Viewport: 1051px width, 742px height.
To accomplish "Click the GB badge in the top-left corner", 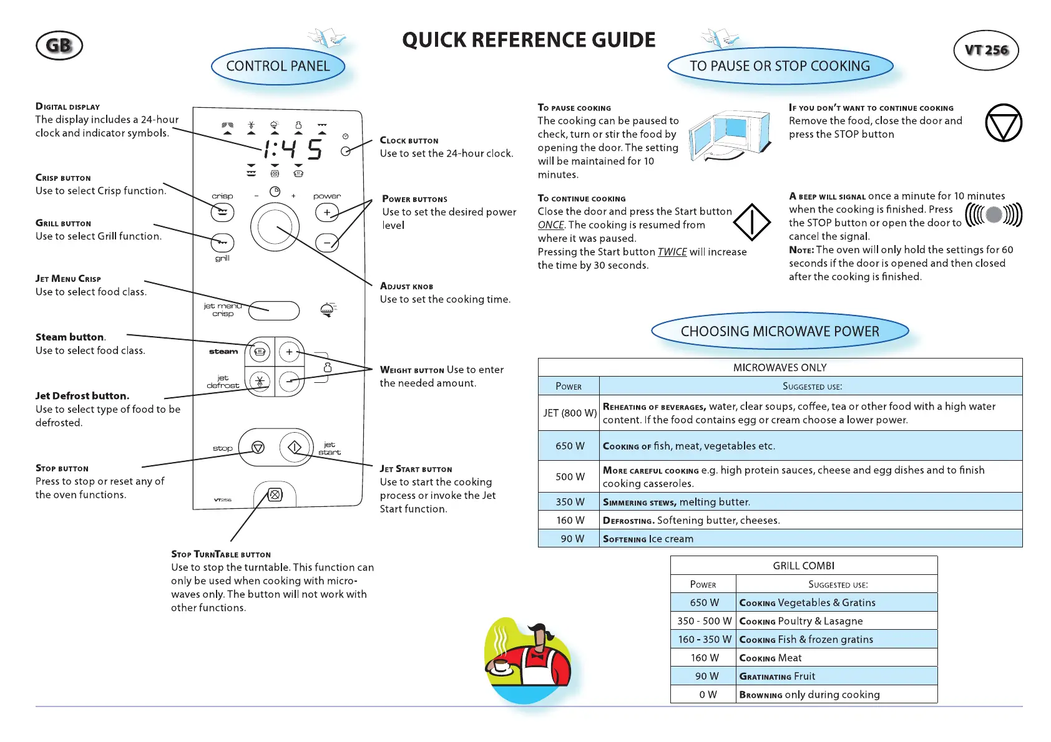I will (x=59, y=46).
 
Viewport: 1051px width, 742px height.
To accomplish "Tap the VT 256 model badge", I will (x=986, y=50).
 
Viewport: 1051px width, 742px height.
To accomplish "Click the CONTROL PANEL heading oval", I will (x=278, y=66).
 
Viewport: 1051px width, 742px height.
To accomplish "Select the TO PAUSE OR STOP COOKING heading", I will (x=780, y=66).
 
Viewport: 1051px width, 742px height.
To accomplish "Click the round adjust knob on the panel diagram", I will (x=275, y=227).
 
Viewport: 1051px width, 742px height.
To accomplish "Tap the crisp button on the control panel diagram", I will (x=222, y=213).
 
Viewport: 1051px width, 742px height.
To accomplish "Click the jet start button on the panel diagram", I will (x=295, y=447).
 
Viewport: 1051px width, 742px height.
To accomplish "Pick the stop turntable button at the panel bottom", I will (x=275, y=494).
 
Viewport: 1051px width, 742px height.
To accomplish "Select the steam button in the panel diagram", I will (x=260, y=352).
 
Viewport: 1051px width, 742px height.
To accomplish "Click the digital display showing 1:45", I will (x=292, y=149).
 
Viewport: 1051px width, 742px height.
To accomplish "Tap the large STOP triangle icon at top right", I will (x=1004, y=122).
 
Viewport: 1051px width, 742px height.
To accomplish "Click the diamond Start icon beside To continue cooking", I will (x=752, y=222).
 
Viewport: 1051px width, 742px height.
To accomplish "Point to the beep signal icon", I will (x=994, y=215).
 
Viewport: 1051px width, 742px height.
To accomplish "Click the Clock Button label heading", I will (x=409, y=140).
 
